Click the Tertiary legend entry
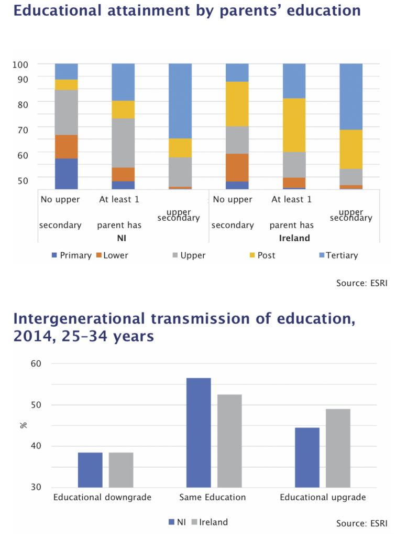coord(342,255)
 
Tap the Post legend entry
coord(266,255)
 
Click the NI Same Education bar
coord(199,433)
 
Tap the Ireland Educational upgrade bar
coord(338,448)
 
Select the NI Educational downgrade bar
coord(90,470)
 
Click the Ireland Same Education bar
coord(229,441)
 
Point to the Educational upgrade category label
coord(323,497)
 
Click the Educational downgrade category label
coord(102,497)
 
